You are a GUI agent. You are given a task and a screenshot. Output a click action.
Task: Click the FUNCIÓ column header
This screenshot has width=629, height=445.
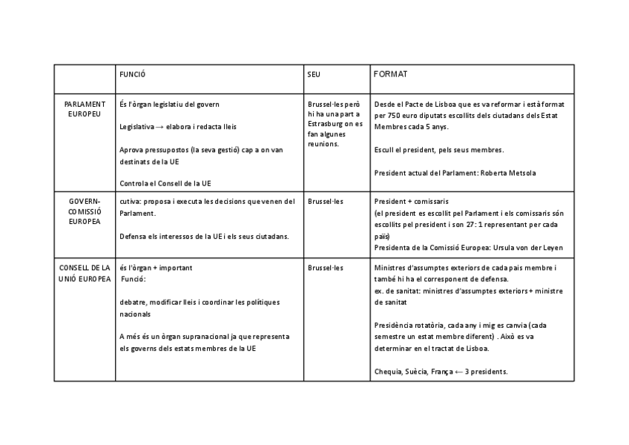[133, 75]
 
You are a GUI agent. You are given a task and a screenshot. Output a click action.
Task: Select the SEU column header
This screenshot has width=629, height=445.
[314, 75]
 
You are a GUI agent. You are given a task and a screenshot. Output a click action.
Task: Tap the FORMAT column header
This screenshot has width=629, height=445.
[390, 75]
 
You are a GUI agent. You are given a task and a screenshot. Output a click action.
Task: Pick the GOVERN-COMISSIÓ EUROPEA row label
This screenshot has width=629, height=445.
[85, 211]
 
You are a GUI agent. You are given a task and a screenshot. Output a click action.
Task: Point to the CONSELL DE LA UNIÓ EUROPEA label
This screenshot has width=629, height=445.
[85, 273]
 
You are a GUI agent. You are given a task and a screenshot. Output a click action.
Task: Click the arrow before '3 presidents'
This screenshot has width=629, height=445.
[459, 371]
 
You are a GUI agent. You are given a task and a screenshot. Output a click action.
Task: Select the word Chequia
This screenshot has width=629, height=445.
[388, 371]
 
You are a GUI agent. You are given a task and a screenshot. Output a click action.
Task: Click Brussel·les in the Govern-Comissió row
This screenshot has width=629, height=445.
[326, 201]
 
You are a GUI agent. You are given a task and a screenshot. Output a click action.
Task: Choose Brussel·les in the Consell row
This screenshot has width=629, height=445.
[326, 267]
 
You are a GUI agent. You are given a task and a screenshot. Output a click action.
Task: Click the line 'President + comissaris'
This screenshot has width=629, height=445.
[411, 201]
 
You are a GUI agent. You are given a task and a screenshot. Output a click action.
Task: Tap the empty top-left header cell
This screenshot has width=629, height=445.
[85, 79]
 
